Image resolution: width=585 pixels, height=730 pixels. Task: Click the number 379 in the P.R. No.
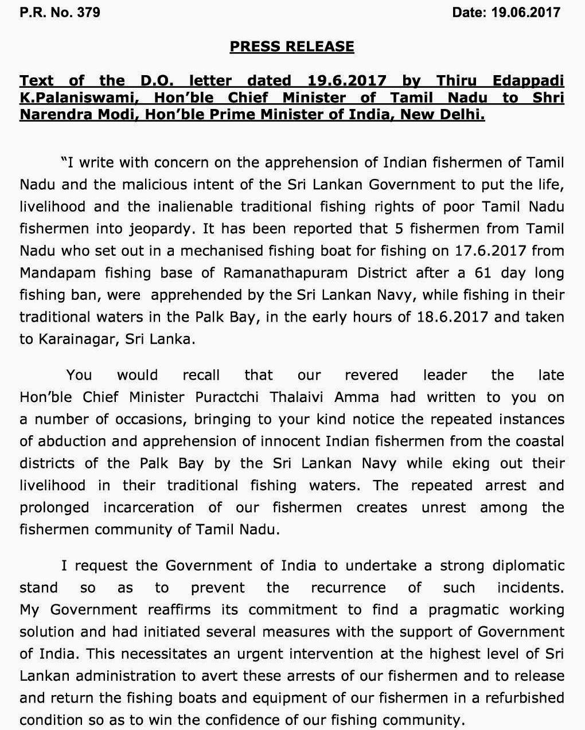[88, 12]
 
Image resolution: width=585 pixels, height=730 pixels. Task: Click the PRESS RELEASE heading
[292, 46]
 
